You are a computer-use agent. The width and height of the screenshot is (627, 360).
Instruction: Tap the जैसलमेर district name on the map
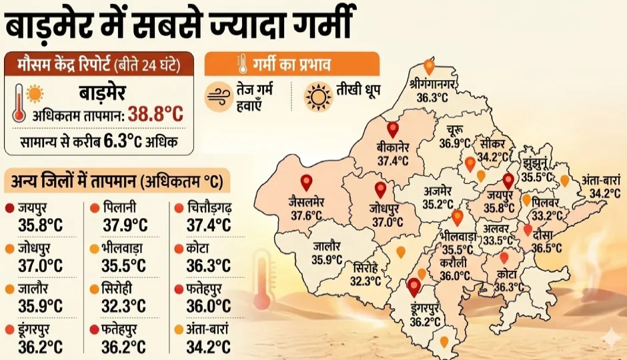click(307, 201)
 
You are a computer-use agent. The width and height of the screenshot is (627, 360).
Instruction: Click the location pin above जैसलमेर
click(306, 181)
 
